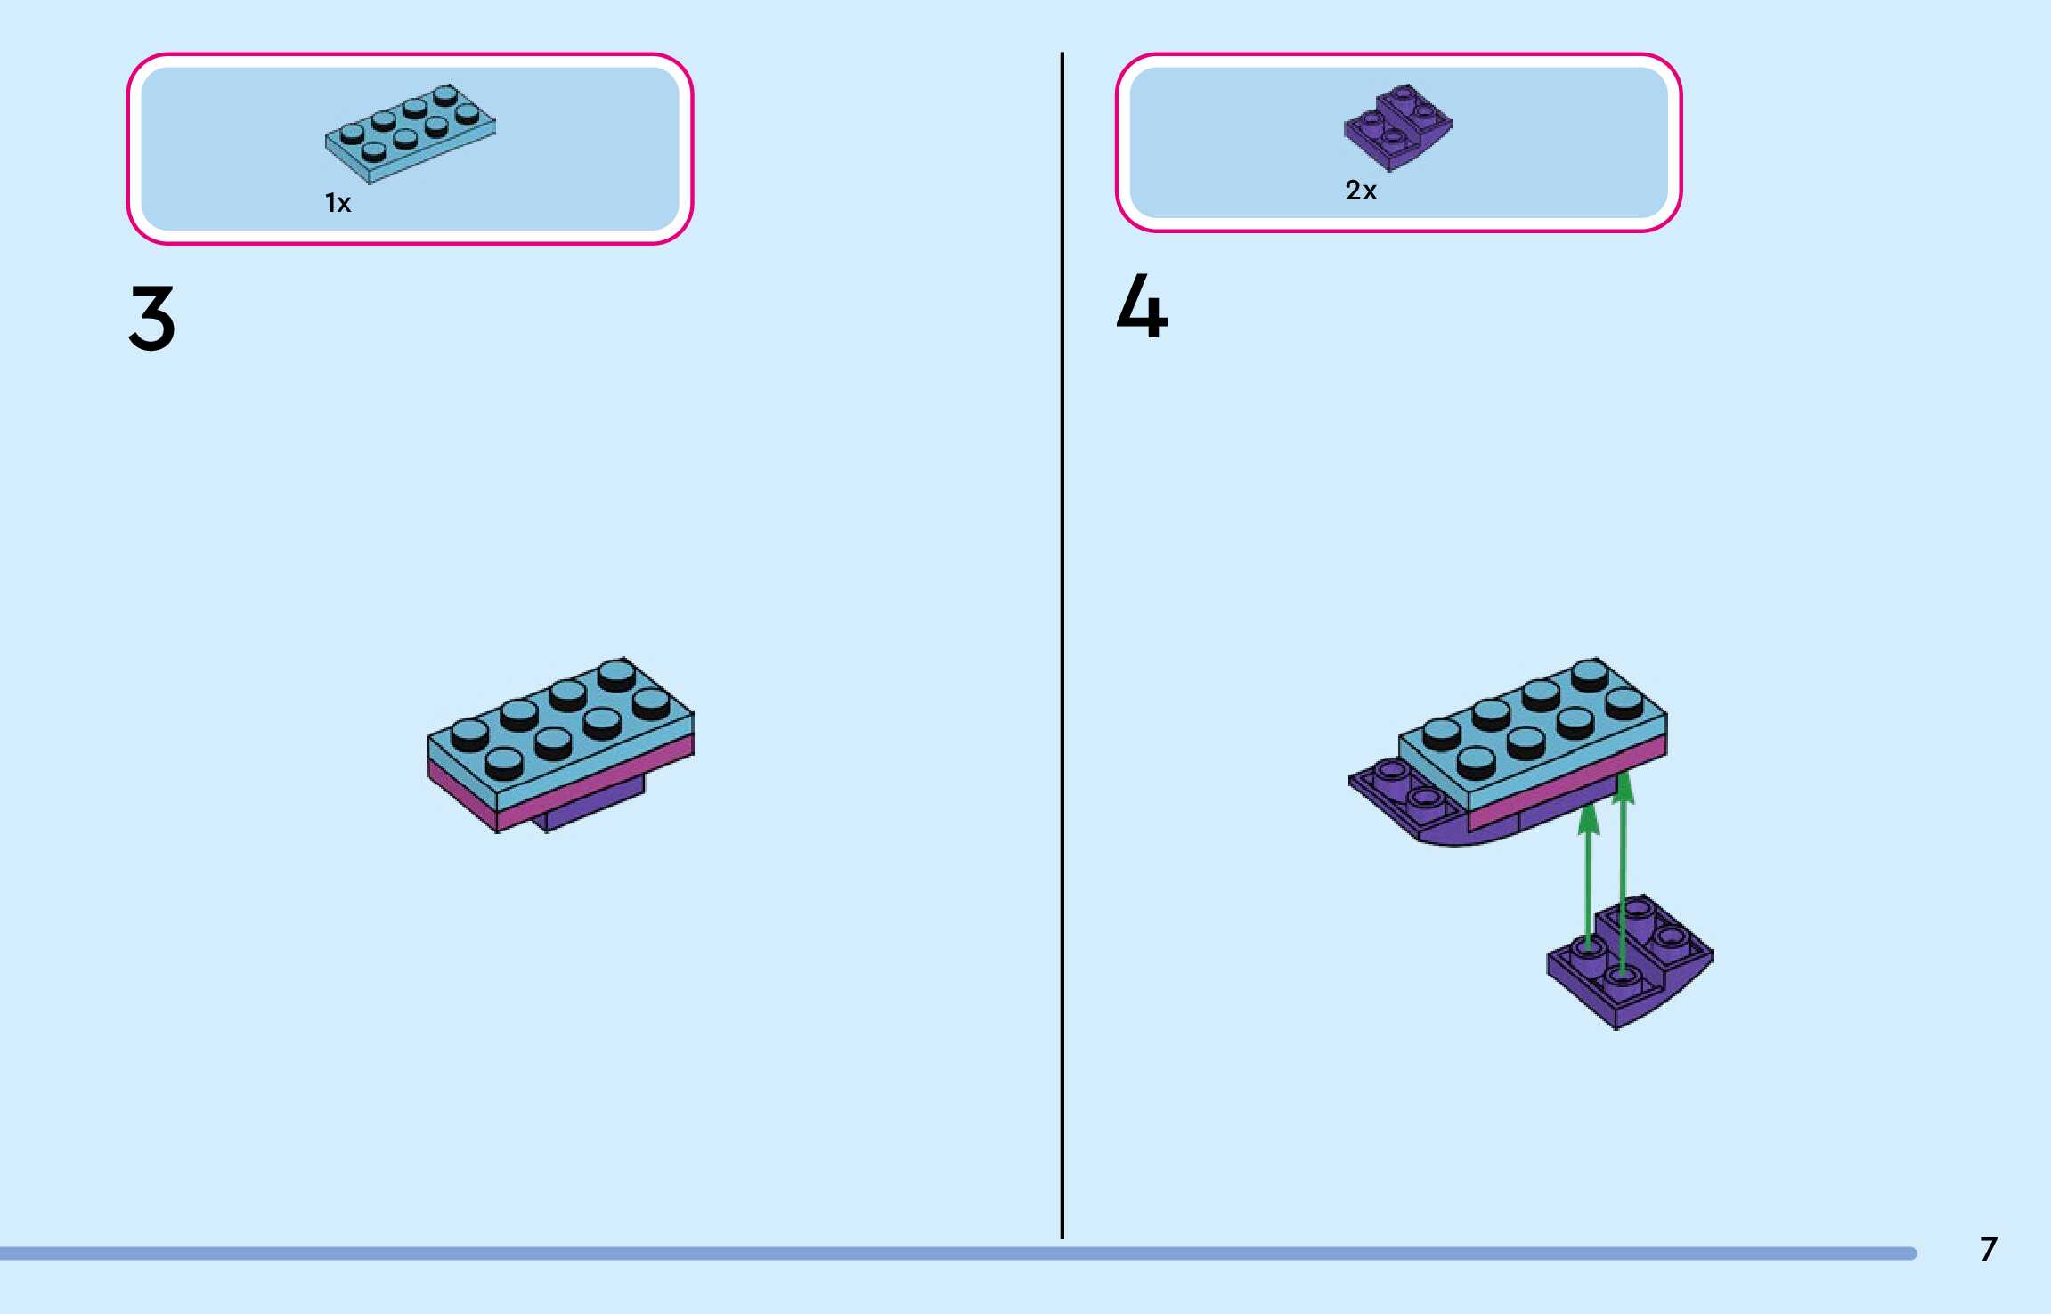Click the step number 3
click(152, 318)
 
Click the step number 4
click(1142, 307)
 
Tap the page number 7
click(1988, 1250)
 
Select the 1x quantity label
click(338, 204)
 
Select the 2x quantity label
click(1361, 191)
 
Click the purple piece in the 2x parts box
click(1397, 127)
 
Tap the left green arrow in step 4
click(1588, 881)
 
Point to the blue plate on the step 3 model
click(560, 729)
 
